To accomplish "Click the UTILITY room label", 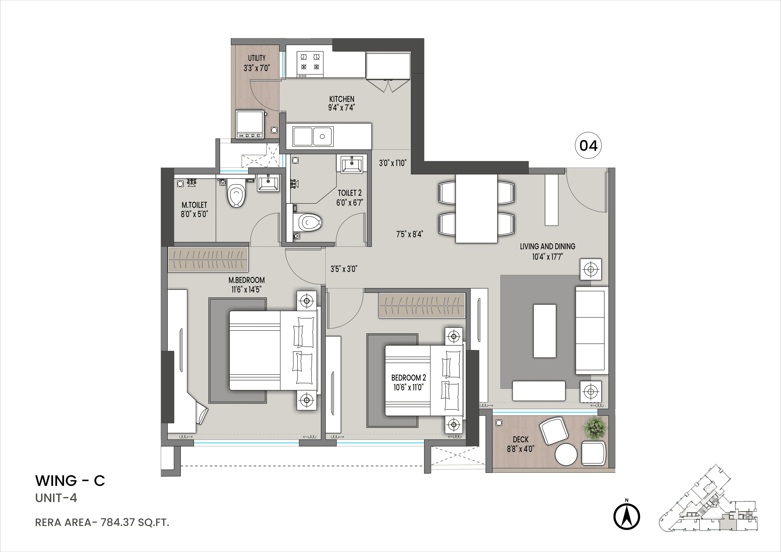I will coord(256,58).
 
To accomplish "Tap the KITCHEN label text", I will coord(341,99).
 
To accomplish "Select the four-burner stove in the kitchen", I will coord(310,64).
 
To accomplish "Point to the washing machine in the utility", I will coord(250,124).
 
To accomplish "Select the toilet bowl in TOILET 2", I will coord(310,223).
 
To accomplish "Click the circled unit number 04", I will coord(588,146).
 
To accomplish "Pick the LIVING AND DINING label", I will coord(547,246).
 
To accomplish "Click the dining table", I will coord(476,208).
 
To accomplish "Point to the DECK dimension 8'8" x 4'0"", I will coord(520,449).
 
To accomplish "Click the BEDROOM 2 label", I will coord(408,378).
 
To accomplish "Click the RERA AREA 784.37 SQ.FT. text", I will coord(102,522).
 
